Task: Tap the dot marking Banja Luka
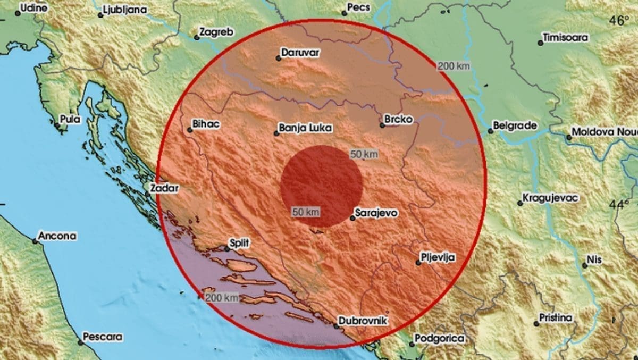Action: click(276, 133)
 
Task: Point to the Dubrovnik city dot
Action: click(336, 325)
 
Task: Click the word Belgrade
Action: click(515, 126)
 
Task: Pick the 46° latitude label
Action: click(619, 21)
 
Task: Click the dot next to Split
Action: click(226, 248)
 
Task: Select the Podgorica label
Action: click(439, 338)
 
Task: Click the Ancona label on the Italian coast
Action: click(58, 236)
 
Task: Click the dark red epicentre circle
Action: click(322, 186)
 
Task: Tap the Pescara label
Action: click(103, 337)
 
